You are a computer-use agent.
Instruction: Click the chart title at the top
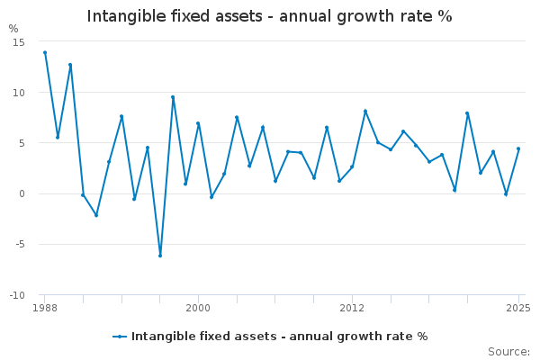click(x=269, y=16)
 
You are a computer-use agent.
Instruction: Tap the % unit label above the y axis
click(x=13, y=29)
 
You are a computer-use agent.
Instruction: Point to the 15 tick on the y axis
click(x=19, y=42)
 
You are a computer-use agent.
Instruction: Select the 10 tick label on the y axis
click(x=19, y=93)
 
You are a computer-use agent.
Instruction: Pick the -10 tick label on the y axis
click(x=17, y=295)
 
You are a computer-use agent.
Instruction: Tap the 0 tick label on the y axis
click(x=22, y=193)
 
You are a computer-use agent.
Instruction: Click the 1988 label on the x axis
click(x=45, y=308)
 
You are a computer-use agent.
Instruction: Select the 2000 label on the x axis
click(x=198, y=308)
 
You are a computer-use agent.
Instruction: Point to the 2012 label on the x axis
click(x=352, y=308)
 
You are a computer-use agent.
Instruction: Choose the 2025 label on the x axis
click(x=518, y=308)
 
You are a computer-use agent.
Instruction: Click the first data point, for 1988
click(x=45, y=53)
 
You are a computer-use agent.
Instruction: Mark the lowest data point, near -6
click(x=160, y=256)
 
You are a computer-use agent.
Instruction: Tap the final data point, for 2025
click(x=518, y=148)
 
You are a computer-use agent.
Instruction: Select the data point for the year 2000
click(x=198, y=123)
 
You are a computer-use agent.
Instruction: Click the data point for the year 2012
click(x=352, y=166)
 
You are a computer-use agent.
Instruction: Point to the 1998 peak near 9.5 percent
click(x=173, y=97)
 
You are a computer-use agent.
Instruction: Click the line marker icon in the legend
click(x=120, y=337)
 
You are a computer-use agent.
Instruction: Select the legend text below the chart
click(x=280, y=337)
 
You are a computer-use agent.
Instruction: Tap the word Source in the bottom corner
click(x=509, y=352)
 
